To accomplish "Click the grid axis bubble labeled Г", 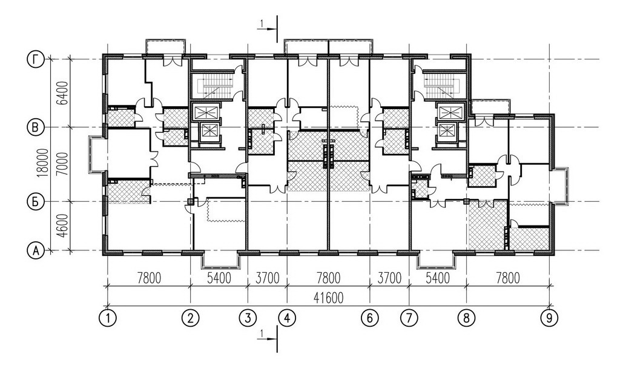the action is point(36,60).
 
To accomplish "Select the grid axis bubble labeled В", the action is point(36,127).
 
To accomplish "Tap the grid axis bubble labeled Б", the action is point(36,202).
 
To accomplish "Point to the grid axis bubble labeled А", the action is point(36,250).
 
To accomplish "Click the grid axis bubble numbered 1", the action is point(108,318).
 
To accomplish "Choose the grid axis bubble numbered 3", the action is point(248,318).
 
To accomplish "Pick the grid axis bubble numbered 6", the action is point(370,318).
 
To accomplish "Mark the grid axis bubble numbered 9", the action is point(549,318).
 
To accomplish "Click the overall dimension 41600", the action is point(328,298).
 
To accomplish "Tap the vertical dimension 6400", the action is point(62,93).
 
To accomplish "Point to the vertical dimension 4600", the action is point(62,226).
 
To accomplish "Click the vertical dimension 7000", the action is point(62,164).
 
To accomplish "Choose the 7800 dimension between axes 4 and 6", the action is point(328,278).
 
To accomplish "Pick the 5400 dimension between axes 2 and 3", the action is point(219,278).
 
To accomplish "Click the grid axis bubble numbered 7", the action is point(409,318).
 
